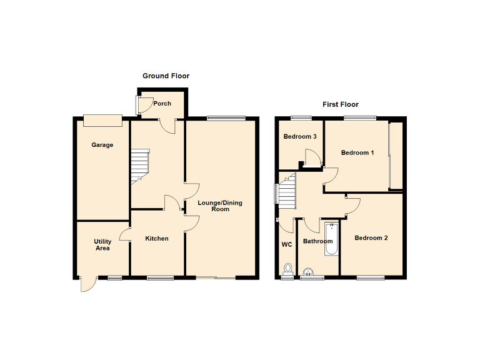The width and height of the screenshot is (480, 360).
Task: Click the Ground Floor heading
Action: pos(166,76)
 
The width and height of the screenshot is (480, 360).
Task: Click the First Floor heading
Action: pos(341,104)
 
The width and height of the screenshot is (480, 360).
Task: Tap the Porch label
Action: pos(162,104)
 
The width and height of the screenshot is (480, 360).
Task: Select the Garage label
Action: pos(102,145)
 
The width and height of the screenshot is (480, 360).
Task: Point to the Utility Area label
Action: pos(102,245)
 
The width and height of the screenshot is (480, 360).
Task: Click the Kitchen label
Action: pos(157,238)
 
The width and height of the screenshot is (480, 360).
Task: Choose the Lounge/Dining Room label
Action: pos(219,206)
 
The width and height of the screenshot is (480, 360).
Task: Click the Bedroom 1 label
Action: pos(357,152)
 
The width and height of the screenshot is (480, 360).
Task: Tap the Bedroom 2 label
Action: pos(371,237)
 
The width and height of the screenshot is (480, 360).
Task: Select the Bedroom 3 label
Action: pos(300,136)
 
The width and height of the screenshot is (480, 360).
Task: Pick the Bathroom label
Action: pos(317,241)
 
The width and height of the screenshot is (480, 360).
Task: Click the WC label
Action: pos(287,245)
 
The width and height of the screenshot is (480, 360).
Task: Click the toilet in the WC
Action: pos(288,269)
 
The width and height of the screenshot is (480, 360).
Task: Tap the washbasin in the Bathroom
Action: pos(309,272)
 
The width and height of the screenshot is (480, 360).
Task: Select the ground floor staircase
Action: pos(140,165)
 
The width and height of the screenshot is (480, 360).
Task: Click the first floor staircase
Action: pos(286,192)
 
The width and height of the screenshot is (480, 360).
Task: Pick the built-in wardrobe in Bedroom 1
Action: pos(396,156)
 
